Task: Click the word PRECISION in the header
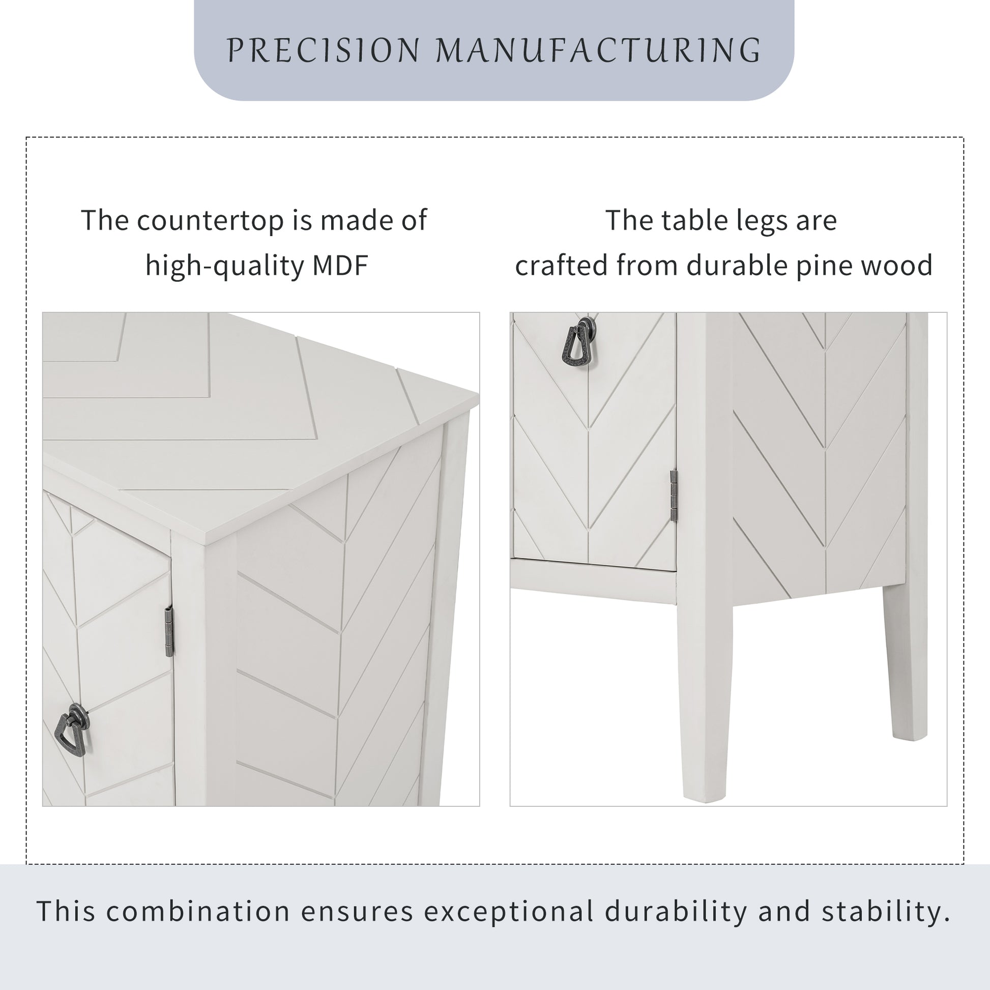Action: pyautogui.click(x=324, y=50)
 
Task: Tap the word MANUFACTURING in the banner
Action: pyautogui.click(x=598, y=50)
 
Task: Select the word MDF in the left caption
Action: pyautogui.click(x=340, y=266)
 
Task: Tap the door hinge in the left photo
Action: pyautogui.click(x=169, y=631)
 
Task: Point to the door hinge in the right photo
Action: pyautogui.click(x=674, y=496)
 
